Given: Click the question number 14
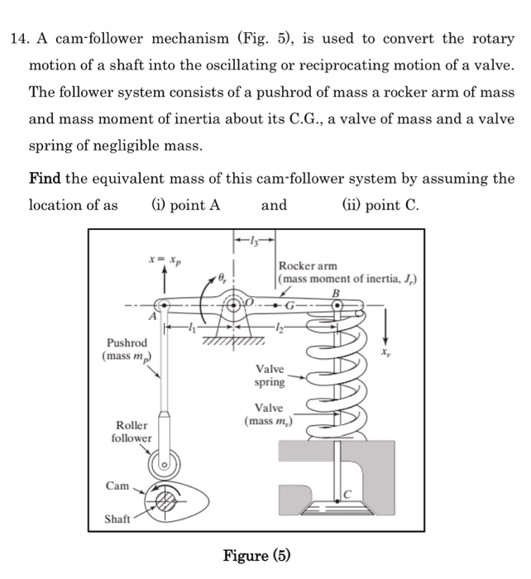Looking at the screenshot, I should point(18,40).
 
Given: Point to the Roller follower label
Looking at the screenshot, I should point(132,431).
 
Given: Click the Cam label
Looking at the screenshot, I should point(117,486).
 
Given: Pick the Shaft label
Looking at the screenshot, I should point(118,519).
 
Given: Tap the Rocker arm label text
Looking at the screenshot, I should point(308,266).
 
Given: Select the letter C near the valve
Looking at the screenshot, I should point(348,494).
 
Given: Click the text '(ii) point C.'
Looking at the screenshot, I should point(382,205).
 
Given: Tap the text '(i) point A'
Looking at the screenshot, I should point(185,205).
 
